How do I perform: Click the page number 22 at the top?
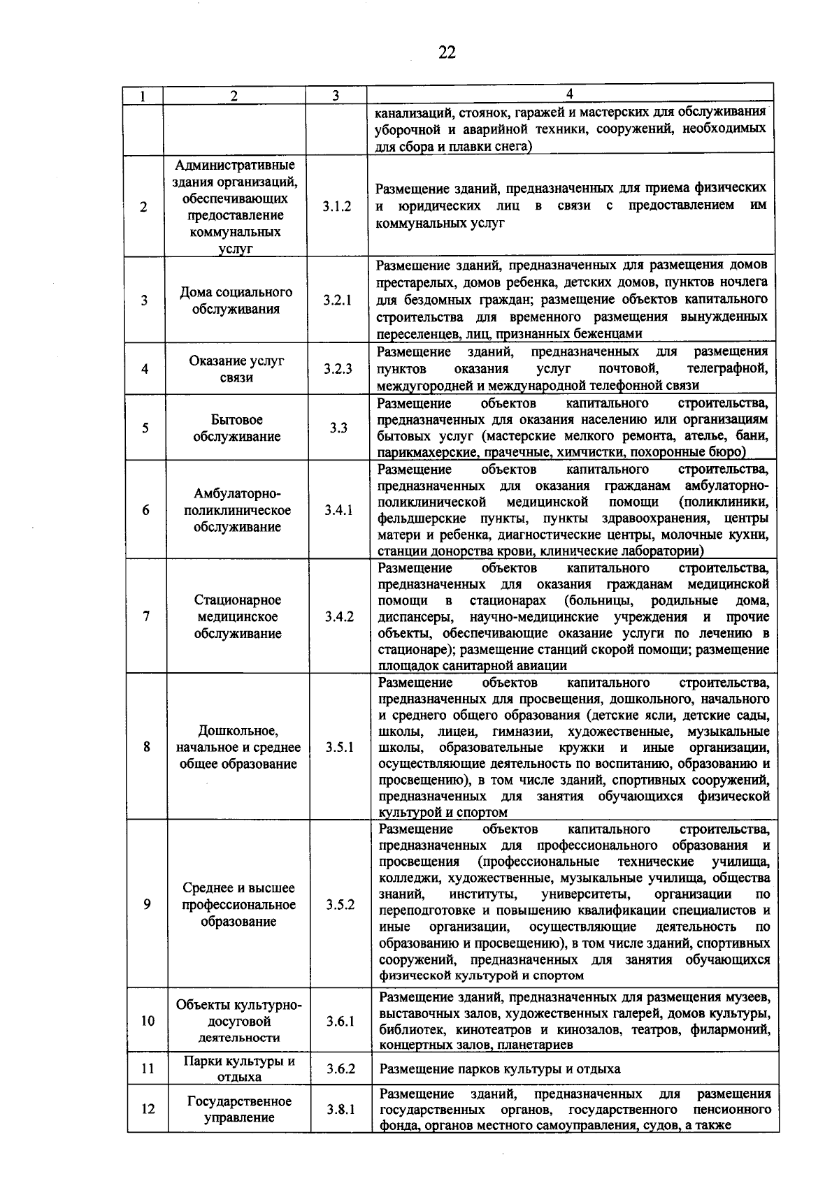click(x=447, y=52)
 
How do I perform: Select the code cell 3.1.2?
click(x=337, y=207)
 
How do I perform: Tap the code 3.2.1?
click(x=338, y=300)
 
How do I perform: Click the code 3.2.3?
click(x=338, y=369)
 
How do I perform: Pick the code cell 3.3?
click(x=338, y=428)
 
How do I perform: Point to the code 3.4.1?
click(x=338, y=510)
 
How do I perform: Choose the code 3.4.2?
click(x=339, y=616)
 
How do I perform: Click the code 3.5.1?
click(x=340, y=747)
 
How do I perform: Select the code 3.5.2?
click(x=340, y=904)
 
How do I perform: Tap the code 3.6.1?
click(x=340, y=1021)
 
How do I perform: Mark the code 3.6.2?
click(x=340, y=1068)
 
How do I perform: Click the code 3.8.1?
click(x=340, y=1109)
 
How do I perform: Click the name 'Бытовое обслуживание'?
click(x=236, y=428)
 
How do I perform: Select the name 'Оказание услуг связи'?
click(x=236, y=369)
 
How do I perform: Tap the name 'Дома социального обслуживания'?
click(x=236, y=300)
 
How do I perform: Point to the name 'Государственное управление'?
click(x=239, y=1109)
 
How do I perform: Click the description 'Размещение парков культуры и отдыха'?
click(x=499, y=1069)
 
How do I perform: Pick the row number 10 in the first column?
click(x=148, y=1021)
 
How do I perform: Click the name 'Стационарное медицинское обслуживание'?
click(x=237, y=616)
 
